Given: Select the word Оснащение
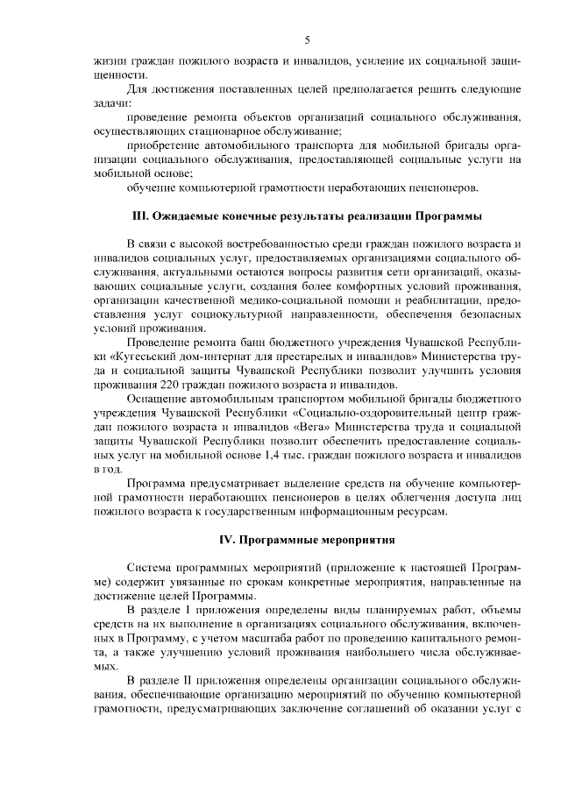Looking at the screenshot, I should pos(156,400).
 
